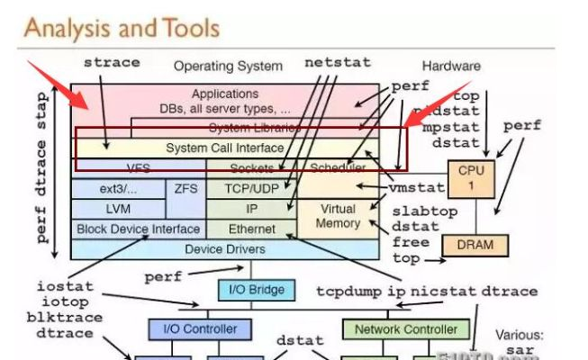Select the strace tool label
coord(112,63)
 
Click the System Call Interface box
coord(224,148)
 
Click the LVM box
coord(118,209)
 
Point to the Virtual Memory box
coord(338,215)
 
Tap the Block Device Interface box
coord(138,229)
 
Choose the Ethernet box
coord(251,229)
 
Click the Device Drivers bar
coord(224,249)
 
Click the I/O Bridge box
coord(256,290)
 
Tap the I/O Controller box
coord(193,329)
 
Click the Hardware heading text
coord(450,66)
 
